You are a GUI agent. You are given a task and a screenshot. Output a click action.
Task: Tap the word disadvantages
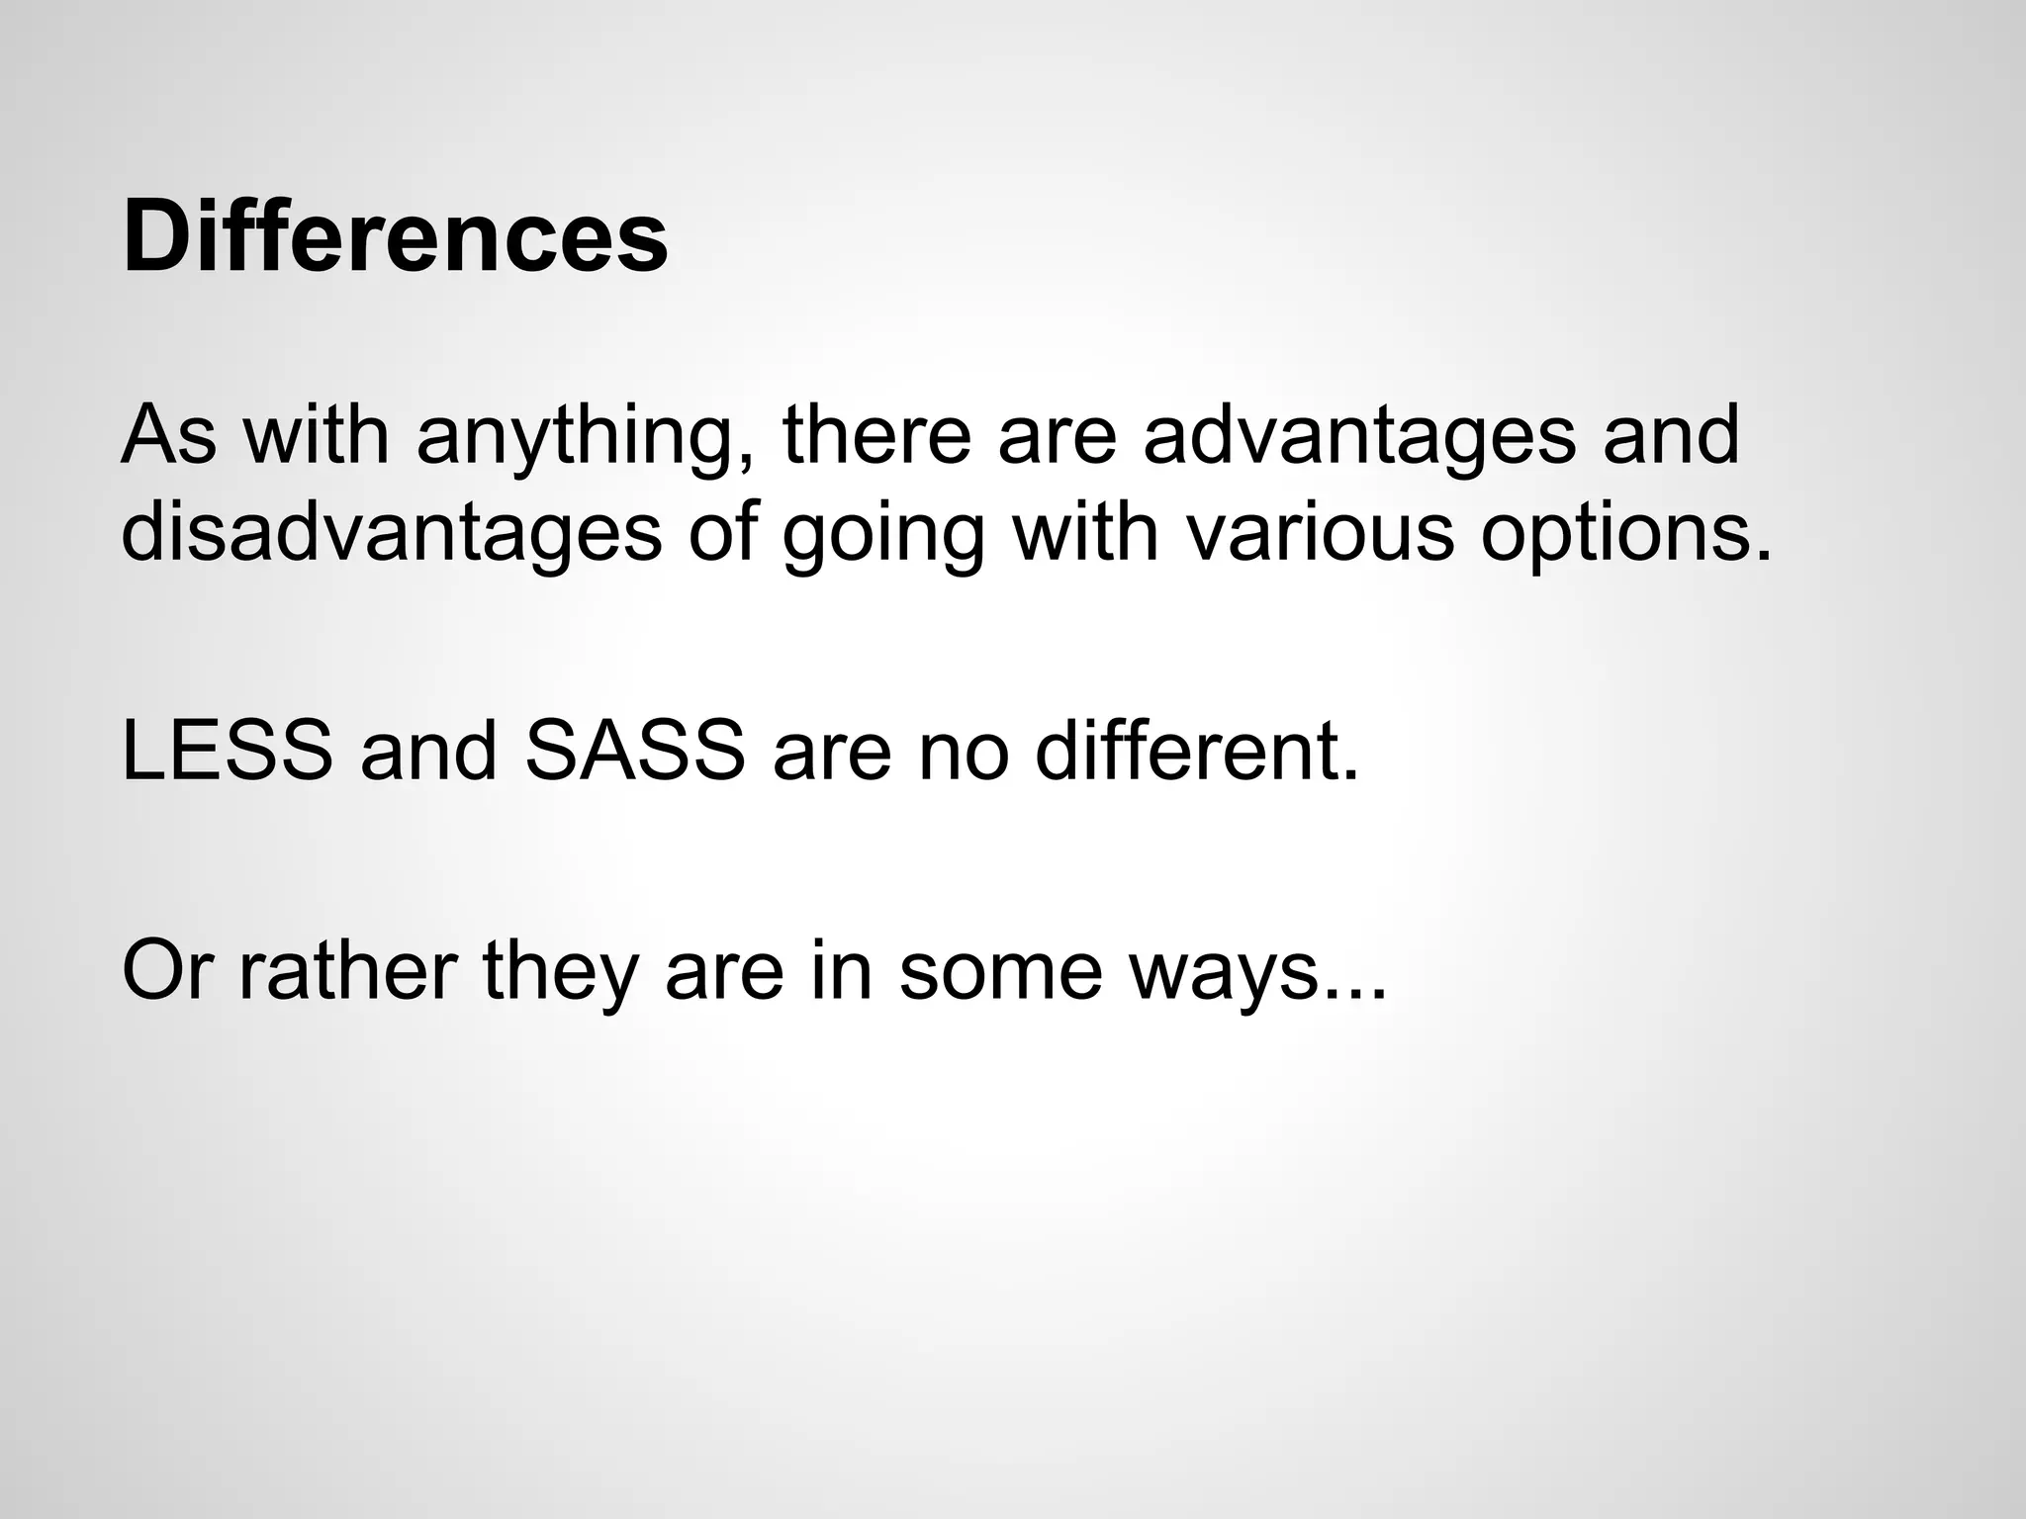[391, 532]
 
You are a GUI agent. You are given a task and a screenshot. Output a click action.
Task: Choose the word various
[1319, 532]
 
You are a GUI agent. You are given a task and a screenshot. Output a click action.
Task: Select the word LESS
[227, 751]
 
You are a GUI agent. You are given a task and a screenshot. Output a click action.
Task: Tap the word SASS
[634, 751]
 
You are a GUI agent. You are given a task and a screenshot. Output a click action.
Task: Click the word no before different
[964, 752]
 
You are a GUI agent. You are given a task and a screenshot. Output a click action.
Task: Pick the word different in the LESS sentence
[1197, 751]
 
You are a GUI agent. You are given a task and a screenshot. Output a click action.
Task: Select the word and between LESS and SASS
[428, 751]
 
